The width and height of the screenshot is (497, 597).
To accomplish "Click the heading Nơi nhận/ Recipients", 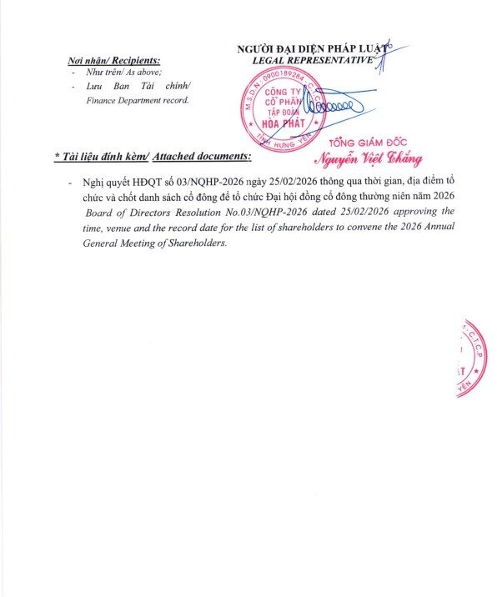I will click(x=114, y=61).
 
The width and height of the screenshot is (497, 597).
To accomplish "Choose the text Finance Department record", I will click(x=138, y=100).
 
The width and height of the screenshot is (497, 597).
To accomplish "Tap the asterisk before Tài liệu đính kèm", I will click(x=56, y=156).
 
